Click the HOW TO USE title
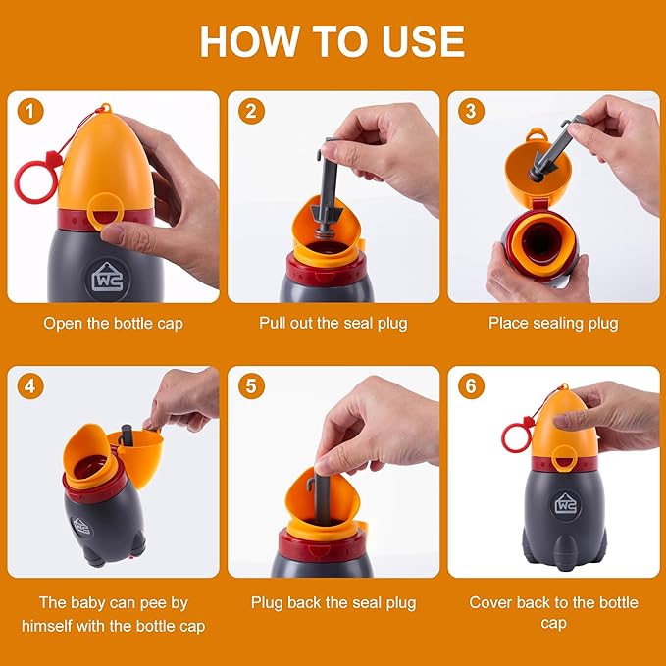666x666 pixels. point(333,41)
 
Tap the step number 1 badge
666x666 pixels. point(30,111)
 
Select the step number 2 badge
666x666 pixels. point(251,111)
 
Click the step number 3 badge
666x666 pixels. point(471,111)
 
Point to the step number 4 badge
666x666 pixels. point(30,385)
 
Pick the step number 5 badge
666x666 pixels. point(251,385)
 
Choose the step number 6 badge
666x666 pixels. point(471,385)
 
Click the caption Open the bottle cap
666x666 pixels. point(113,323)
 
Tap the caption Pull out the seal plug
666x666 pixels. point(333,323)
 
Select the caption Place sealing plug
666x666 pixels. point(553,323)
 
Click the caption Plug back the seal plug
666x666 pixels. point(333,602)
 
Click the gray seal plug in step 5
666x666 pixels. point(322,490)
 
